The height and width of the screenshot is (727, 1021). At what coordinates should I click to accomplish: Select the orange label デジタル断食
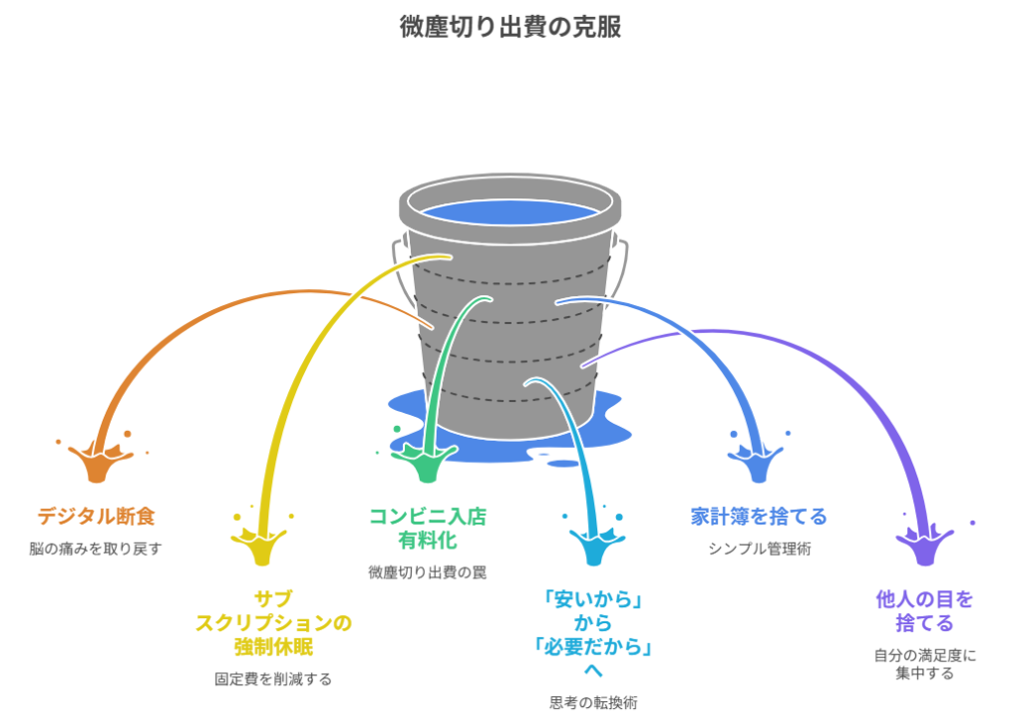pyautogui.click(x=96, y=517)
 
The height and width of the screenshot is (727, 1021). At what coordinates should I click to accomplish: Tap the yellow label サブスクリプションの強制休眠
pyautogui.click(x=273, y=622)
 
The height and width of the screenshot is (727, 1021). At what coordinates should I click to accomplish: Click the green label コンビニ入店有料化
pyautogui.click(x=428, y=528)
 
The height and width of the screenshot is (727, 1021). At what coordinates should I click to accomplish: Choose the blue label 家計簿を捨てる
pyautogui.click(x=759, y=517)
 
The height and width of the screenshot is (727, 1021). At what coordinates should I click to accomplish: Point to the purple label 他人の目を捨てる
pyautogui.click(x=924, y=610)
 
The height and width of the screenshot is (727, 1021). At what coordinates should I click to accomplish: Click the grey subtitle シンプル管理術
pyautogui.click(x=759, y=547)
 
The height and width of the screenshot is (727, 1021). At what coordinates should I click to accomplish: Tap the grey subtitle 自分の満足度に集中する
pyautogui.click(x=924, y=663)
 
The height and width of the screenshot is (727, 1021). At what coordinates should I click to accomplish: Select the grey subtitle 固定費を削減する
pyautogui.click(x=273, y=679)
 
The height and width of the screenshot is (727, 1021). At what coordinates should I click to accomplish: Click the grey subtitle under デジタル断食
pyautogui.click(x=96, y=547)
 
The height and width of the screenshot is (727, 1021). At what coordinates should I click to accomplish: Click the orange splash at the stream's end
pyautogui.click(x=96, y=462)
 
